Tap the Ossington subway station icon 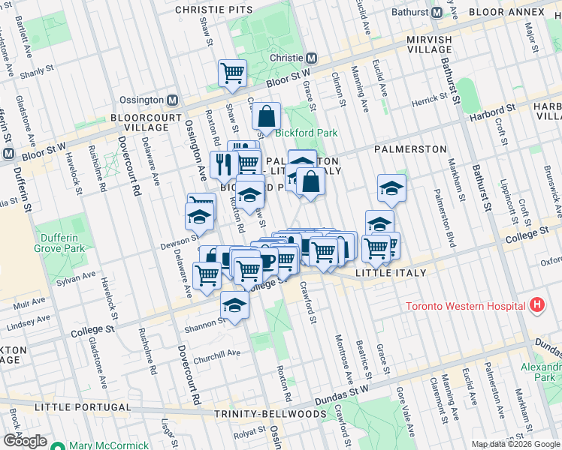[173, 100]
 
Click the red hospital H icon [536, 305]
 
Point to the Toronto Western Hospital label [464, 306]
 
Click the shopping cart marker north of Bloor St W [233, 73]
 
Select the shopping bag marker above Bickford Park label [266, 115]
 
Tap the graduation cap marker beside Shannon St [234, 305]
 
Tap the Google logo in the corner [25, 441]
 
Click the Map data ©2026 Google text [515, 444]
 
